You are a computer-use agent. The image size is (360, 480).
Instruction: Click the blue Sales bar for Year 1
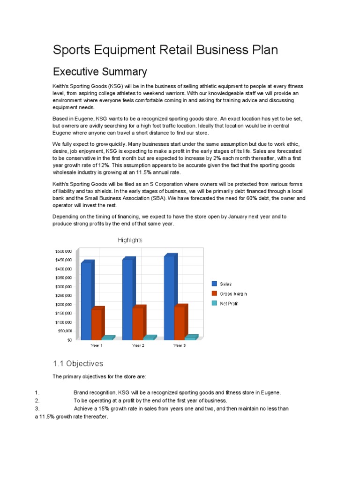coord(86,300)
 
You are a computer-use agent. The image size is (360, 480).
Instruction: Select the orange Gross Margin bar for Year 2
coord(138,323)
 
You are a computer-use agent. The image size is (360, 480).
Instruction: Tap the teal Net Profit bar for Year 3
coord(190,337)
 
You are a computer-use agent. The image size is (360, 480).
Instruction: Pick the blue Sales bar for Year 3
coord(169,297)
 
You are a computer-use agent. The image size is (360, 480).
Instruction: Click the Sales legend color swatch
coord(214,284)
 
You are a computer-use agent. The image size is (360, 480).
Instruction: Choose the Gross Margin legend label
coord(233,294)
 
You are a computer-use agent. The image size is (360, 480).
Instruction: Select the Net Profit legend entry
coord(229,304)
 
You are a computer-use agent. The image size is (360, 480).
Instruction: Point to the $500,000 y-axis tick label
coord(63,251)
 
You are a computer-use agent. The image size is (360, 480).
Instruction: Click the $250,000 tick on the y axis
coord(63,296)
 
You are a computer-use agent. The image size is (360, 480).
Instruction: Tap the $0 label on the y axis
coord(69,340)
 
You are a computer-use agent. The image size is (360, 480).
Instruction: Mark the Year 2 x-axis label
coord(138,345)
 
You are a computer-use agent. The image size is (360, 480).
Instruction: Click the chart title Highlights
coord(130,240)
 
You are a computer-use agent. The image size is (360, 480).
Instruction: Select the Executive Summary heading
coord(100,72)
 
